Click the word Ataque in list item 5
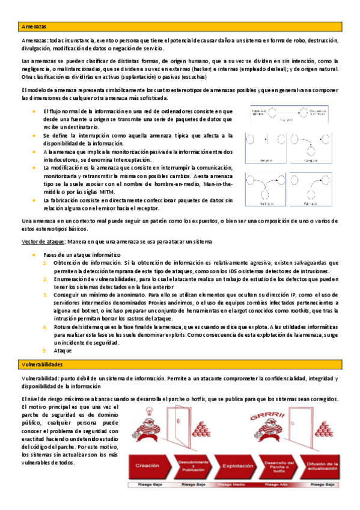pyautogui.click(x=63, y=350)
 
